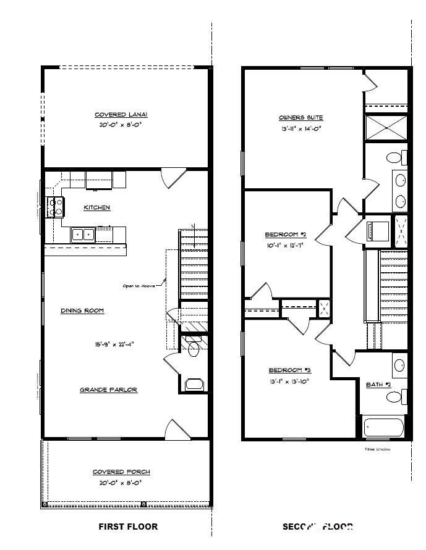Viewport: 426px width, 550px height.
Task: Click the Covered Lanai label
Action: click(x=121, y=115)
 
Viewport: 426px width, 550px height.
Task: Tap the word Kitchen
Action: click(x=97, y=208)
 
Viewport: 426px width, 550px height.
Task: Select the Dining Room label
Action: click(x=82, y=310)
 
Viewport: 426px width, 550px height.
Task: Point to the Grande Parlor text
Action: click(x=108, y=390)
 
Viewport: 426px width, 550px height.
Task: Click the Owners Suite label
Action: click(x=300, y=117)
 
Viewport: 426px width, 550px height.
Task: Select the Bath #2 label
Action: click(x=379, y=385)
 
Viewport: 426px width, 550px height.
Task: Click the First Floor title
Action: click(x=128, y=527)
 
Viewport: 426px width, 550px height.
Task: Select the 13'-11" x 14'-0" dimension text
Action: click(x=300, y=129)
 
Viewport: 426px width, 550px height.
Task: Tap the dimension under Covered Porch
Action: click(x=121, y=483)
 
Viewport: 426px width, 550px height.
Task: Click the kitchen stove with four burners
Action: click(x=56, y=206)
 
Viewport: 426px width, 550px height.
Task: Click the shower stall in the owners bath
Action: click(x=386, y=128)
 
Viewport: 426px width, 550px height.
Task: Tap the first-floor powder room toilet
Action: click(x=194, y=348)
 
